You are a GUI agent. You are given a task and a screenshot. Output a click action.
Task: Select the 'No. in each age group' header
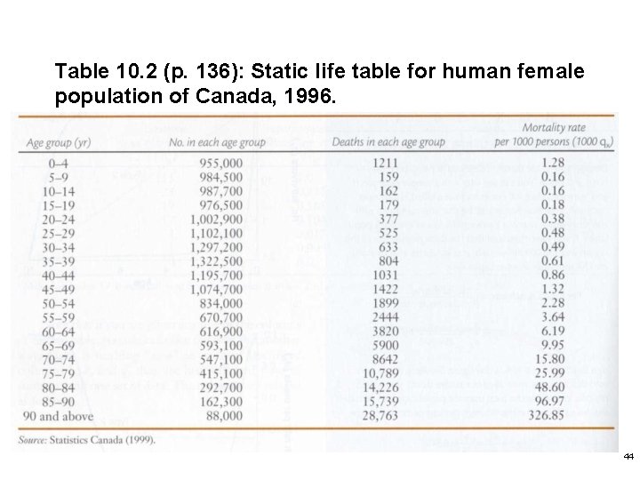coord(217,142)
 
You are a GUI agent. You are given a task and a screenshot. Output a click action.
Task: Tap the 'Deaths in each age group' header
coord(388,142)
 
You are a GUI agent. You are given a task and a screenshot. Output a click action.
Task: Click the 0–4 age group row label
coord(43,164)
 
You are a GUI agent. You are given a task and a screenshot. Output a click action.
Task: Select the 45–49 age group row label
coord(45,289)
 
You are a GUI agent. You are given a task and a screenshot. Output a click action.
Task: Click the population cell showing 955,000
coord(220,164)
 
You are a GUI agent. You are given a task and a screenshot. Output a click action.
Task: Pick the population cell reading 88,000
coord(223,415)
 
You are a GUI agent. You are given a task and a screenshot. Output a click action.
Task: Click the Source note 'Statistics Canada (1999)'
coord(103,439)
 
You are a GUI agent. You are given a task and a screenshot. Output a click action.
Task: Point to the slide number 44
coord(628,456)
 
